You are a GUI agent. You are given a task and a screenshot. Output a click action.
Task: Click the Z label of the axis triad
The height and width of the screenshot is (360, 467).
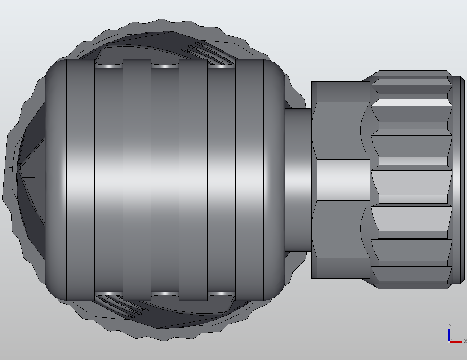(x=449, y=325)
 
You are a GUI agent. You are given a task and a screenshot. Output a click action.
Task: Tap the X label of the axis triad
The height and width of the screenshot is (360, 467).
(x=465, y=341)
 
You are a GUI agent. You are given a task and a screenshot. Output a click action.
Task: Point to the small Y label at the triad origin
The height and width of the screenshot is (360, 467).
(x=451, y=339)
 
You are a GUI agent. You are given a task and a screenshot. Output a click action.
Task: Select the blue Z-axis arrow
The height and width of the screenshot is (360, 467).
(x=449, y=333)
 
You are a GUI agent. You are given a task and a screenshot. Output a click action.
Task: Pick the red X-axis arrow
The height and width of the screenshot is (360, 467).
(x=458, y=342)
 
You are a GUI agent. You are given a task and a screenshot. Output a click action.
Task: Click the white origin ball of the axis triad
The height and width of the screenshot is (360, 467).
(x=449, y=342)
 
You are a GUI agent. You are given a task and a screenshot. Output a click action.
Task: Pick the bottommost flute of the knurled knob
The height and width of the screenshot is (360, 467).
(x=411, y=275)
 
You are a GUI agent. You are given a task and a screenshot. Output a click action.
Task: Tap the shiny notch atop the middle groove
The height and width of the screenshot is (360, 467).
(x=165, y=66)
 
